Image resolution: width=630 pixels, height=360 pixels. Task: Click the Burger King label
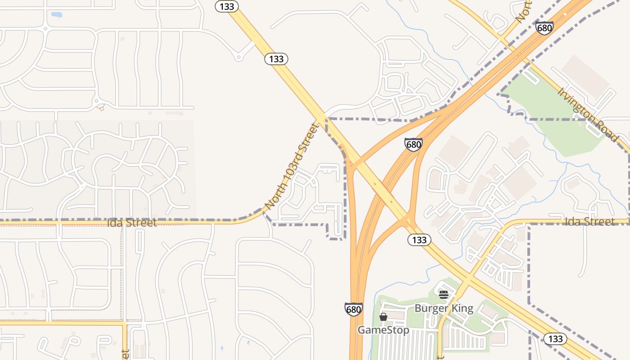click(444, 308)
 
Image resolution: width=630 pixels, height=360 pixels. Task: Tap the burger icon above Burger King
click(444, 295)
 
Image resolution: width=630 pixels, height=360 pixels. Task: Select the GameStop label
click(383, 330)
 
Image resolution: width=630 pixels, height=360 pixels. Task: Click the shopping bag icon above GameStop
click(383, 317)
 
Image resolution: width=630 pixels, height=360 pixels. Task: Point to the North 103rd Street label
click(291, 166)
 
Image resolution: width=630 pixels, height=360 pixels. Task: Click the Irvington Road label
click(588, 114)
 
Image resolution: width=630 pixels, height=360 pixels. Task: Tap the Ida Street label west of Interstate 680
click(132, 223)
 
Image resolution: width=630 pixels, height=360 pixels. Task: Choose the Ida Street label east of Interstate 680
click(589, 221)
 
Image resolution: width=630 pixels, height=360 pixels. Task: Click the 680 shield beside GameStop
click(354, 309)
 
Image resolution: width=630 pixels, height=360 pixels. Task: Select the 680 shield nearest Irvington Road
click(544, 28)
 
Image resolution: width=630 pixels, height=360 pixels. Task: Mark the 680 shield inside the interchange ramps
click(413, 144)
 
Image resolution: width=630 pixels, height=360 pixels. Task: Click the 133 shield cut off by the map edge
click(226, 6)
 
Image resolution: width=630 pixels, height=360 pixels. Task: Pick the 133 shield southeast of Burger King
click(555, 339)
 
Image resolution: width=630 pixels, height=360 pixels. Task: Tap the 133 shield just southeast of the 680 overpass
click(419, 240)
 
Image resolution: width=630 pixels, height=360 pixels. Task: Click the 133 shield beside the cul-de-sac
click(276, 59)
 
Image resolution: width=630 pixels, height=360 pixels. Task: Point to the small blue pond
click(56, 15)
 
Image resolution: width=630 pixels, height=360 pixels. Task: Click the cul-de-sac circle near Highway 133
click(239, 57)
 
